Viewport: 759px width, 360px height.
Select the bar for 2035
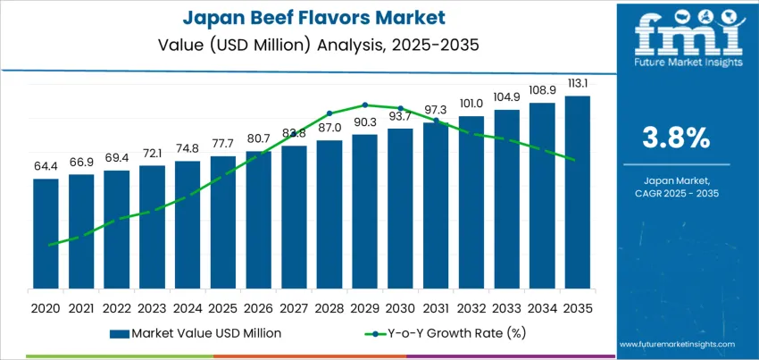tap(577, 192)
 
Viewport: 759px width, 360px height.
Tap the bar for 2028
tap(329, 214)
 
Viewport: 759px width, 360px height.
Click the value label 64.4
tap(46, 167)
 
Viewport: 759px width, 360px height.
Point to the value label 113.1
tap(577, 83)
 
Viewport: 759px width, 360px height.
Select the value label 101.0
tap(471, 103)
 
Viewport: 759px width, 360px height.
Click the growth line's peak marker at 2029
tap(365, 105)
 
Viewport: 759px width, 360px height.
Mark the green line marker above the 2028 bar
tap(329, 113)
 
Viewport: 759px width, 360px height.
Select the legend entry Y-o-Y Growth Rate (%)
tap(437, 333)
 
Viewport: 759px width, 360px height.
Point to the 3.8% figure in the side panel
tap(677, 138)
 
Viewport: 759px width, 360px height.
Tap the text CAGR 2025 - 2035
tap(677, 193)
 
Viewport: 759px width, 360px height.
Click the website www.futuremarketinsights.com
tap(676, 344)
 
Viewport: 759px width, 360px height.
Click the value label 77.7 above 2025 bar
tap(222, 144)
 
